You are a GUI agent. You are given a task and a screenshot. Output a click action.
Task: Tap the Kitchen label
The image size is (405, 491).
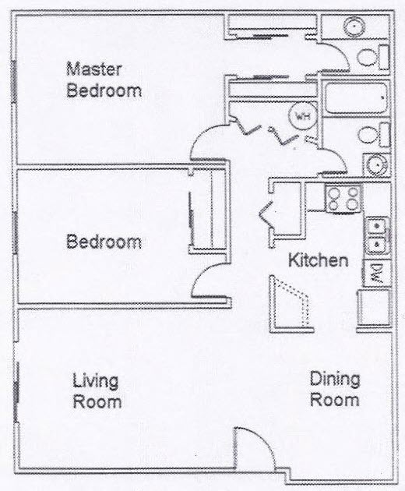point(319,260)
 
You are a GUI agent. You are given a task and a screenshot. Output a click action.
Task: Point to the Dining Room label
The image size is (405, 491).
point(335,390)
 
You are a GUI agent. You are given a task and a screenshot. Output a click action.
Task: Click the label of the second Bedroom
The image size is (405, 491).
point(104,242)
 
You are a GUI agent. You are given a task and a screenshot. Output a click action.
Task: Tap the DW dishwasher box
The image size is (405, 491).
point(375,273)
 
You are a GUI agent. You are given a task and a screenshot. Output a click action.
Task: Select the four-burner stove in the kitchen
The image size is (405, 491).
point(343,198)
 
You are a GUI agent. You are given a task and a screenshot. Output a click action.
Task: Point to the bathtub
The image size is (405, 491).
point(354,100)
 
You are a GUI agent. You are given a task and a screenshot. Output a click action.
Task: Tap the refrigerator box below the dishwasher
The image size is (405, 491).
point(373,306)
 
